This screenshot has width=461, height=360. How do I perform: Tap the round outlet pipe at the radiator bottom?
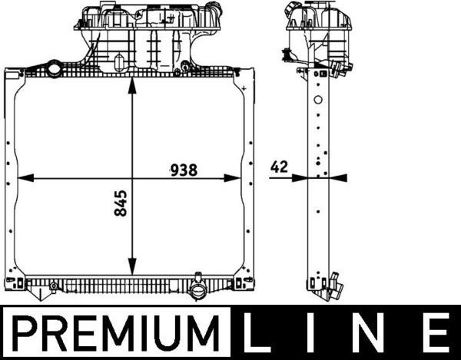(198, 292)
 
